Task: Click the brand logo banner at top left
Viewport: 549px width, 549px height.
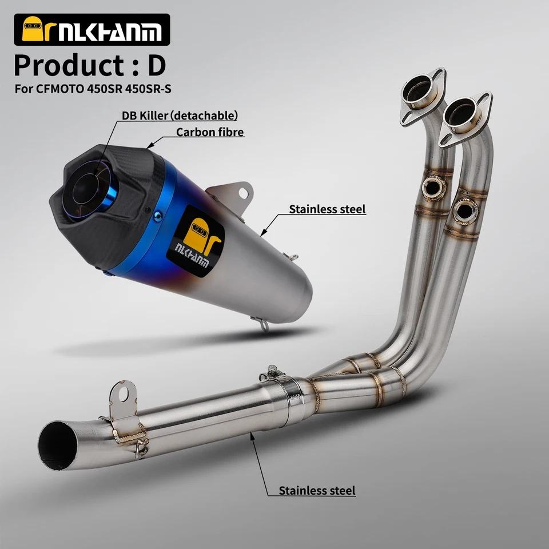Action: pos(91,30)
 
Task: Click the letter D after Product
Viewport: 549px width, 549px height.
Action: pos(156,66)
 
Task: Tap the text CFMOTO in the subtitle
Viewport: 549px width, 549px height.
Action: pos(59,89)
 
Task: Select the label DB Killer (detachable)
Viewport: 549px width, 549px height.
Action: pos(180,115)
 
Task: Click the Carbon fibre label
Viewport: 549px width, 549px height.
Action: pos(210,132)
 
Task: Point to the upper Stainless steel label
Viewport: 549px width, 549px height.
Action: pos(327,209)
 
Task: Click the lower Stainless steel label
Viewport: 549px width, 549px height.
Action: pos(317,491)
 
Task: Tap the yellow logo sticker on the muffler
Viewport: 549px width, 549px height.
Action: pos(196,241)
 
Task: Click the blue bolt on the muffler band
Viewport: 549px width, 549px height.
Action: pos(158,216)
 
